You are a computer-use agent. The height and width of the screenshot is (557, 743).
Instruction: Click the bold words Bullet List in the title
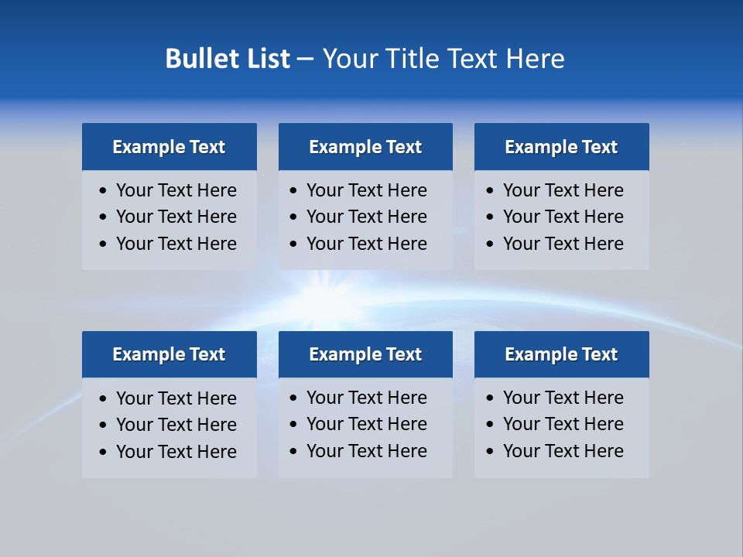tap(228, 59)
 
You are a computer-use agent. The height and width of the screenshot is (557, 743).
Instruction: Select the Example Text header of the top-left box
tap(169, 147)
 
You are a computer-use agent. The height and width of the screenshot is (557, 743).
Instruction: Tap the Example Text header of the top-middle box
tap(365, 147)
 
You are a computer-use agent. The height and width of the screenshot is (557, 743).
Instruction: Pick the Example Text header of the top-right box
tap(561, 147)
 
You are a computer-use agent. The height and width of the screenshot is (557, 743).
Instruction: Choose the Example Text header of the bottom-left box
tap(169, 354)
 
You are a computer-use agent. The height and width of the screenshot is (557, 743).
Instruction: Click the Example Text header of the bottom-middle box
tap(365, 354)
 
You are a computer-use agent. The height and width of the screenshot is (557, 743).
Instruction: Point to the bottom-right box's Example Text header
tap(561, 354)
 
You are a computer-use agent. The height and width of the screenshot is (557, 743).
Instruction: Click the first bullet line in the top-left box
tap(176, 190)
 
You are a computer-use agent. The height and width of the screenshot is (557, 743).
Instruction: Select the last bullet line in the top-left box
tap(176, 244)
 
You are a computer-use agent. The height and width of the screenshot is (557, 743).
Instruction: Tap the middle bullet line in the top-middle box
tap(366, 217)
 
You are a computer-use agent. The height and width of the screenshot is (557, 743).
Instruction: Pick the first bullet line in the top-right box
tap(563, 190)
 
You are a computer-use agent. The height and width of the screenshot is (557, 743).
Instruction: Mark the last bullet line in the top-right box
tap(563, 244)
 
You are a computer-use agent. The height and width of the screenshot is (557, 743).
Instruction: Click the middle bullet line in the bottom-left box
tap(176, 425)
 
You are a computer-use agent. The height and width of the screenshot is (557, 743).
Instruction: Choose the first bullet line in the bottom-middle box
tap(366, 398)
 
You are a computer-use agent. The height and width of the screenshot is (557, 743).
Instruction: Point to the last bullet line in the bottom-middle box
tap(366, 451)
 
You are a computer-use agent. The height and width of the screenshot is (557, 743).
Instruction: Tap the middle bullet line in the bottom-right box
tap(563, 424)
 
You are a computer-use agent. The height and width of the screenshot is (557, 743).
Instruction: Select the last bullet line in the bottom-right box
tap(563, 451)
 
